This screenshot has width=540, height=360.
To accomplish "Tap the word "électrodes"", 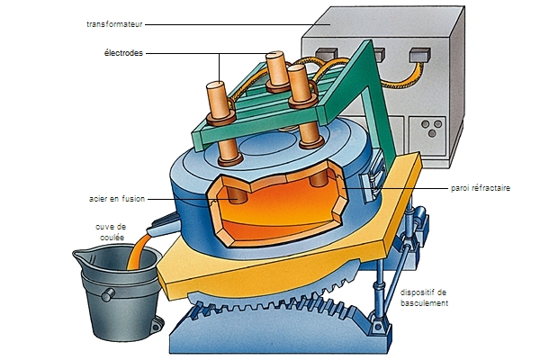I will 122,53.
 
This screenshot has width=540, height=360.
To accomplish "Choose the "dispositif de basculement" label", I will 427,297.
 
